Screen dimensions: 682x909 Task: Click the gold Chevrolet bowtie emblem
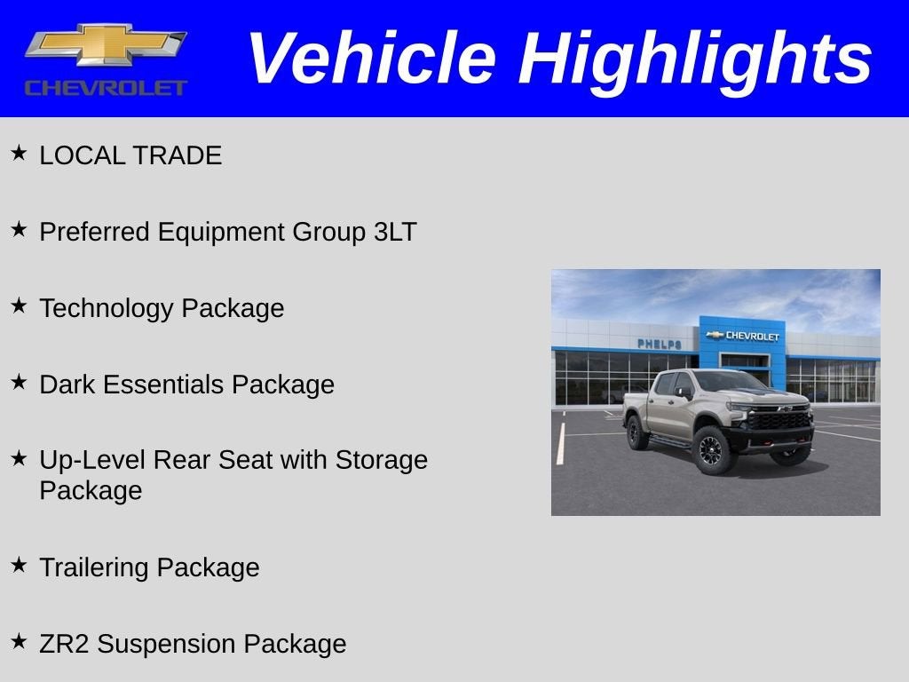[106, 44]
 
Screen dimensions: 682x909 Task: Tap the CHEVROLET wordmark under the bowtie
[106, 88]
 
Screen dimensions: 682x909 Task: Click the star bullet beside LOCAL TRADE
[19, 154]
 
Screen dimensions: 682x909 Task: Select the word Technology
[107, 309]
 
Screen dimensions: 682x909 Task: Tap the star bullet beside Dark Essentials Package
[19, 383]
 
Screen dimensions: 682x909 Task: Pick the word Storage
[381, 460]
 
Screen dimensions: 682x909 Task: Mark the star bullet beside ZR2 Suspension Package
[19, 642]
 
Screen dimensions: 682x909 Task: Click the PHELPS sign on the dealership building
[659, 344]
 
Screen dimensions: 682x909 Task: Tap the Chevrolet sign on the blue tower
[743, 336]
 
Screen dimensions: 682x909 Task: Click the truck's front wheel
[712, 449]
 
